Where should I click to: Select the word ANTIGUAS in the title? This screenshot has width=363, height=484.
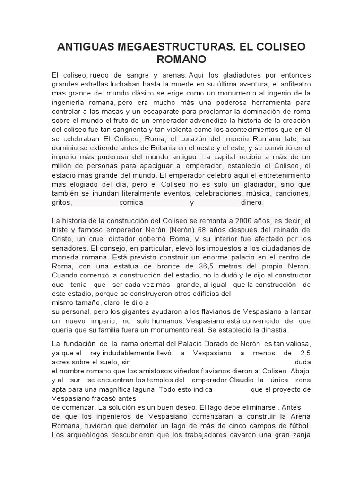tap(83, 47)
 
